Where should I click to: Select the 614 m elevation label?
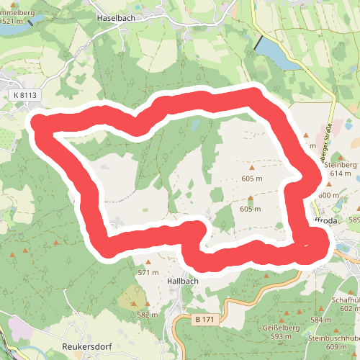[x=340, y=174]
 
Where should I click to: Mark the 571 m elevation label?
[x=148, y=273]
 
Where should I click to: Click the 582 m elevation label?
[x=147, y=315]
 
